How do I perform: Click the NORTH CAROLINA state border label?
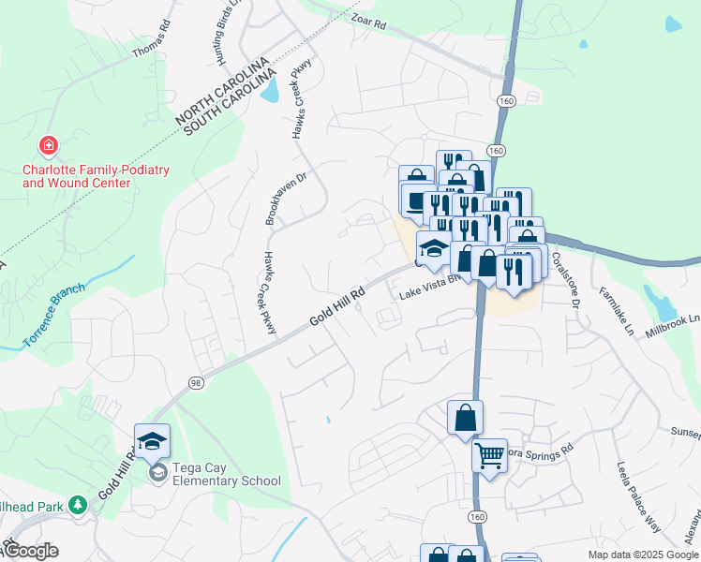222,93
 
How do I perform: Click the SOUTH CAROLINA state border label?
232,105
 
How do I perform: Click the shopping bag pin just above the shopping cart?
465,419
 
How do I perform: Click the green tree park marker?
78,506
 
